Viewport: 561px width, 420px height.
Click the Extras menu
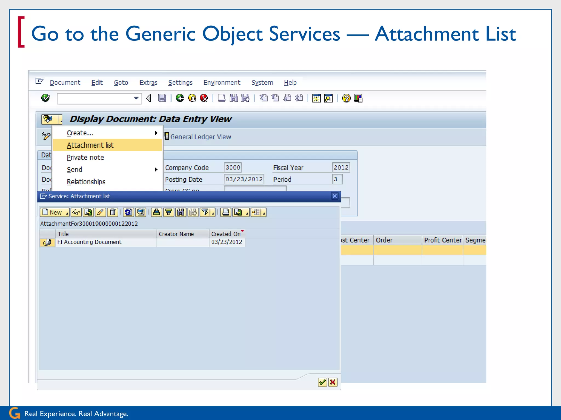click(x=148, y=83)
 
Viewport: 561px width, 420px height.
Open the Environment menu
click(x=222, y=83)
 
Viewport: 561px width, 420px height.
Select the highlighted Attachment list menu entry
click(x=90, y=145)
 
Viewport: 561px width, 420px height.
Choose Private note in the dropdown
click(x=85, y=157)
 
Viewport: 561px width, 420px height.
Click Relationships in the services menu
click(x=86, y=182)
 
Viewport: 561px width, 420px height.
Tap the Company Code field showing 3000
click(x=233, y=167)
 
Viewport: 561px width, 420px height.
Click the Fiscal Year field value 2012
click(x=341, y=167)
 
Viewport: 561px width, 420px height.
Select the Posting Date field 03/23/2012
click(x=244, y=179)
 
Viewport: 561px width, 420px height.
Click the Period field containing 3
click(x=337, y=179)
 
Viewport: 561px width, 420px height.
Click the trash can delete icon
click(x=113, y=212)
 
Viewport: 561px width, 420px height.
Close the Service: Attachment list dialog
click(x=334, y=196)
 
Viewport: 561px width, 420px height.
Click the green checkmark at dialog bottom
click(x=322, y=382)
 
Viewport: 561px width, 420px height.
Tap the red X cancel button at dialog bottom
click(x=333, y=382)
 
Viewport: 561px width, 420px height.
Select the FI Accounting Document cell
click(x=90, y=242)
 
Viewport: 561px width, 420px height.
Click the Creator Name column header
click(x=176, y=234)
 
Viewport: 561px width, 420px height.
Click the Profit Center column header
click(x=442, y=240)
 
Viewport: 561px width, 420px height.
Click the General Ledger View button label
click(x=201, y=137)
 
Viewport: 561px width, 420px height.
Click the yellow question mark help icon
click(x=346, y=98)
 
